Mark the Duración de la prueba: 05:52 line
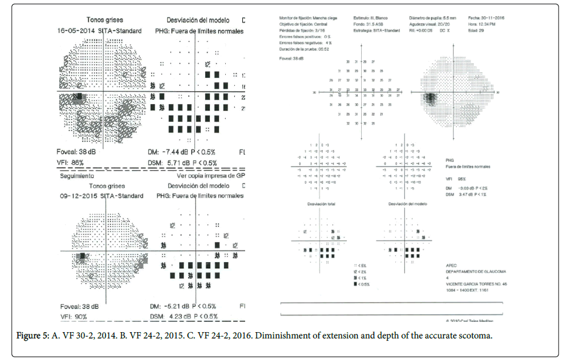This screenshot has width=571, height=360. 304,49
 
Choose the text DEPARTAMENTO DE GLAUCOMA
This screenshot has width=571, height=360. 473,271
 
